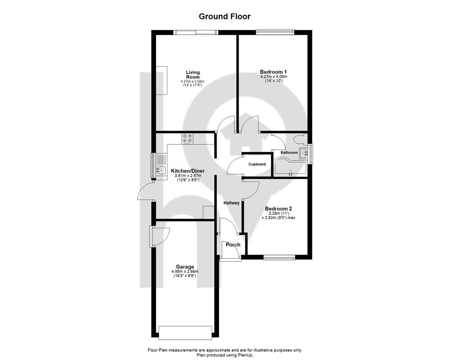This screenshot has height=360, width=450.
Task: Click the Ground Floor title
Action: click(225, 16)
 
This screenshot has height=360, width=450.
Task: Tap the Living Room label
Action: click(193, 75)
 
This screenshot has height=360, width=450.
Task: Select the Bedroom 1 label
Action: click(273, 72)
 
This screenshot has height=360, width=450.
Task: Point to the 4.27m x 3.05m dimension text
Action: click(274, 76)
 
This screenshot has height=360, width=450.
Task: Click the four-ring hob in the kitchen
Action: click(187, 138)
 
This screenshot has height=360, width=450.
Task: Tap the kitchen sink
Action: click(161, 170)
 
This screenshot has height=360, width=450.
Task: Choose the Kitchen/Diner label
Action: click(188, 171)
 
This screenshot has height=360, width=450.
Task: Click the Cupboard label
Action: click(257, 164)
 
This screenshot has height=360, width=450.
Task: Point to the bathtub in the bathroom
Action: click(290, 168)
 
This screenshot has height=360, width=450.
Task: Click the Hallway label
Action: click(231, 203)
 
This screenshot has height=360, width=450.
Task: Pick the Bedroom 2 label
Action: click(279, 209)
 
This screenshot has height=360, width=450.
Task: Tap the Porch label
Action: click(233, 245)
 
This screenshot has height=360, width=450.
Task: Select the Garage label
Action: click(185, 267)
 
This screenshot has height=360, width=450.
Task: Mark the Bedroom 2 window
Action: click(279, 257)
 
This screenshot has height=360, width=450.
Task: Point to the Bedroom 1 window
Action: click(275, 32)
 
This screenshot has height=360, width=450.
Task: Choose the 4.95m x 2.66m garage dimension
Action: click(185, 272)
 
